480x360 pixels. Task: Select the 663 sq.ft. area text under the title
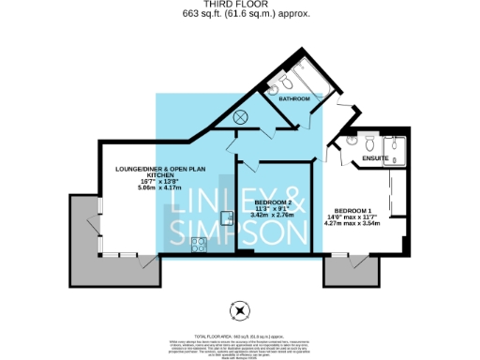[x=240, y=15]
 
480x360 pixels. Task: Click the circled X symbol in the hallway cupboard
[x=241, y=117]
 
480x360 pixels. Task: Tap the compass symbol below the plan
[x=240, y=311]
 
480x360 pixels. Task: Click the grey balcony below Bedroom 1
[x=351, y=271]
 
